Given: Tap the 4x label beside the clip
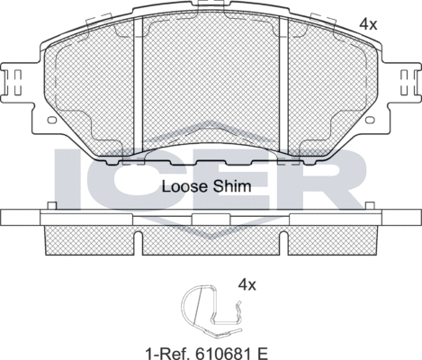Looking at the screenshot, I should click(247, 284).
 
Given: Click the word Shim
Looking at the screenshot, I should click(233, 187).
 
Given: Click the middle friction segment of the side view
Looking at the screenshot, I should click(211, 238).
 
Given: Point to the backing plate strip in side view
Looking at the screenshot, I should click(211, 219).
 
